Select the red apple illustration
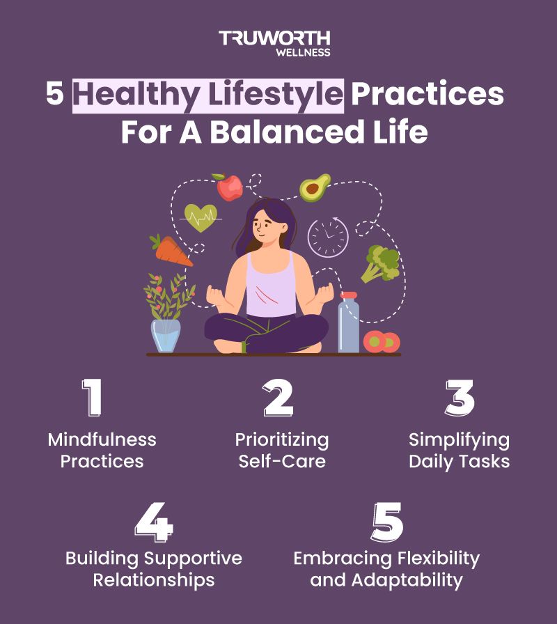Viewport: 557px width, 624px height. (x=229, y=187)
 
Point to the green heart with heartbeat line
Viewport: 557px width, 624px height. (x=201, y=217)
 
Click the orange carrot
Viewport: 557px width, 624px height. (x=171, y=251)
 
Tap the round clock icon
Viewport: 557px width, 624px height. (x=327, y=237)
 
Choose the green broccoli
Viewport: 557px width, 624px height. (x=381, y=263)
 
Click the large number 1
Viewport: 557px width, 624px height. (x=93, y=398)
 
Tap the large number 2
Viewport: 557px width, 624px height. (x=278, y=398)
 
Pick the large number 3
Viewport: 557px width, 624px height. (x=460, y=398)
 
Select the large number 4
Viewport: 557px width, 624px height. (x=154, y=522)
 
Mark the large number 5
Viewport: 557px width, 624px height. (x=386, y=522)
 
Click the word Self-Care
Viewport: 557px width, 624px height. (x=282, y=462)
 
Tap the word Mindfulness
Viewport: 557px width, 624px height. (x=102, y=439)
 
